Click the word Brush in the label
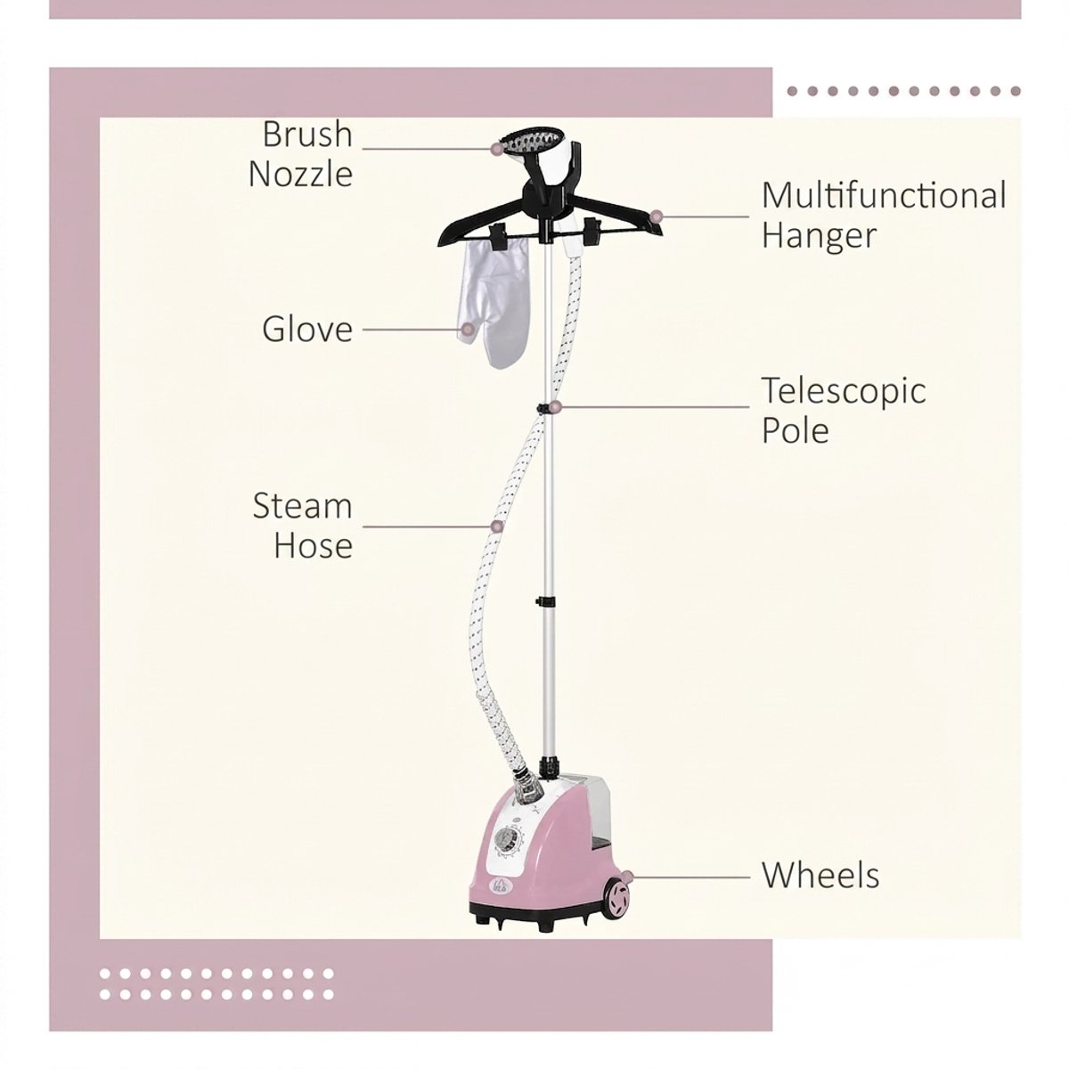click(307, 135)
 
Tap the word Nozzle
click(301, 175)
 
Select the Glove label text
click(307, 329)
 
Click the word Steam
click(302, 506)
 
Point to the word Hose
click(314, 545)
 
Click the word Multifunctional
click(884, 195)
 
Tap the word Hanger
click(819, 236)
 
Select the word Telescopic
click(844, 392)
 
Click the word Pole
click(795, 430)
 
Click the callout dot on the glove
click(468, 330)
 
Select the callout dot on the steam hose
click(498, 526)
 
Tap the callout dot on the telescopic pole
click(556, 407)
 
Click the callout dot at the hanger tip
click(657, 216)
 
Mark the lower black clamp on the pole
click(546, 600)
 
